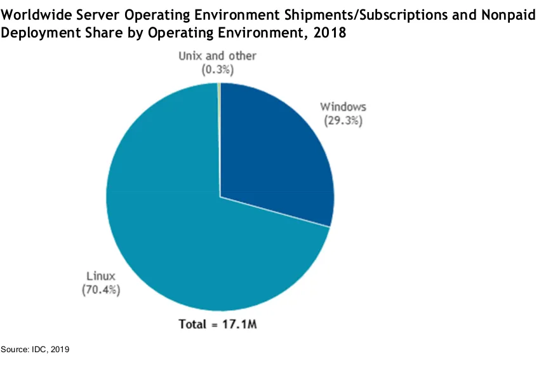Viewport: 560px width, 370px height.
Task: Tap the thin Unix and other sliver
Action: point(219,89)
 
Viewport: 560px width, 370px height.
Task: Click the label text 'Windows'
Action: point(343,106)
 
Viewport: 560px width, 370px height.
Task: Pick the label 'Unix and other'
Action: point(217,56)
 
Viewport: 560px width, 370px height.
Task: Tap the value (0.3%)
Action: point(217,69)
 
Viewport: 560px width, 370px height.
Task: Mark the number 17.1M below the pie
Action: point(243,324)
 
